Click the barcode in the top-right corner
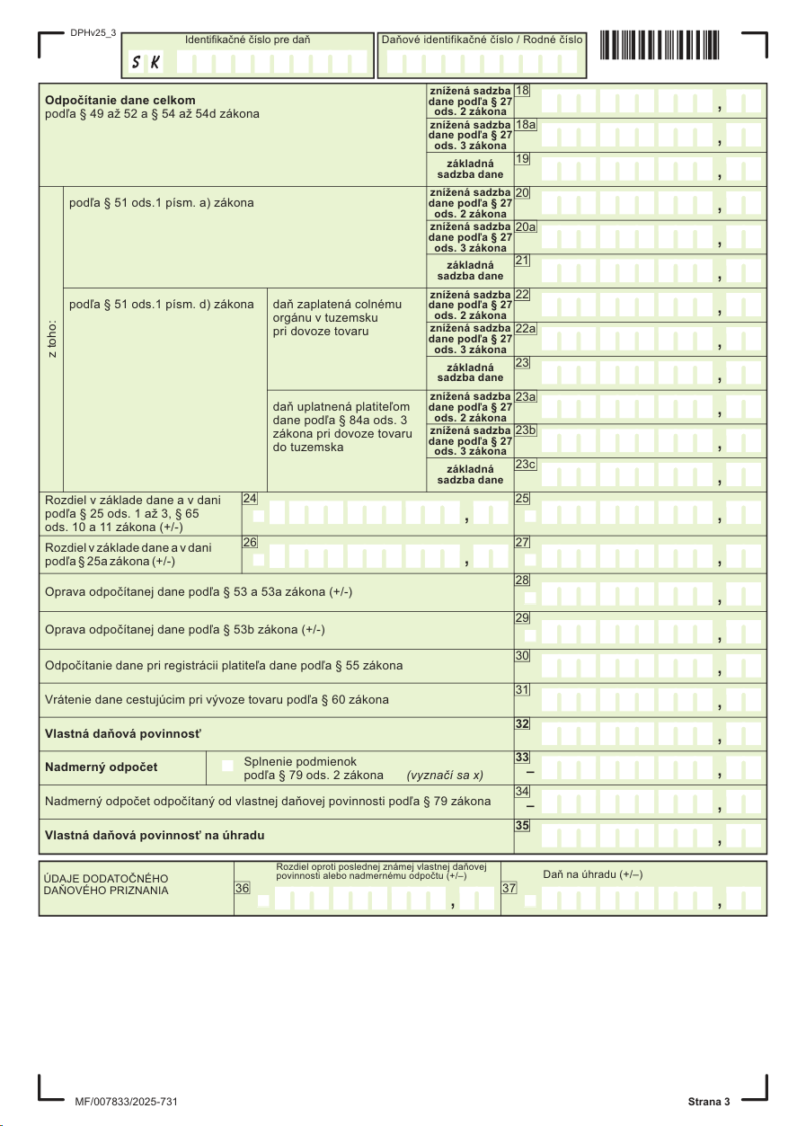pyautogui.click(x=666, y=44)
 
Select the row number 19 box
pyautogui.click(x=522, y=159)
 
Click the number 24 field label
pyautogui.click(x=250, y=498)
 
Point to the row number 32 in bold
pyautogui.click(x=522, y=723)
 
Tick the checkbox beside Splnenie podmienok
pyautogui.click(x=227, y=767)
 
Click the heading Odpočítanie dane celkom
pyautogui.click(x=120, y=100)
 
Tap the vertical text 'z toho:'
pyautogui.click(x=52, y=338)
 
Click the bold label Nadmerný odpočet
pyautogui.click(x=102, y=767)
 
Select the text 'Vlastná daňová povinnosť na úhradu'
pyautogui.click(x=155, y=835)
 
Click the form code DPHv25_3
pyautogui.click(x=93, y=33)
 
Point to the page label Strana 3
pyautogui.click(x=709, y=1102)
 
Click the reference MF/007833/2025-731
pyautogui.click(x=131, y=1102)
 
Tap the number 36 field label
pyautogui.click(x=243, y=888)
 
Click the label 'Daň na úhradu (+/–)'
pyautogui.click(x=592, y=874)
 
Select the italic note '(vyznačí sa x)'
pyautogui.click(x=445, y=775)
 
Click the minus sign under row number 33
pyautogui.click(x=529, y=772)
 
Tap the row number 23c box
pyautogui.click(x=526, y=465)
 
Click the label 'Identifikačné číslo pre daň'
pyautogui.click(x=248, y=40)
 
